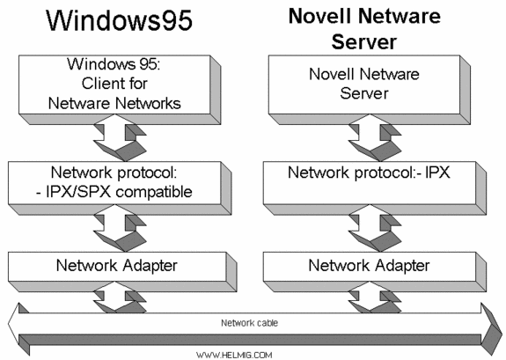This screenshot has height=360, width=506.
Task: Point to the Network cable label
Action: tap(246, 322)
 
